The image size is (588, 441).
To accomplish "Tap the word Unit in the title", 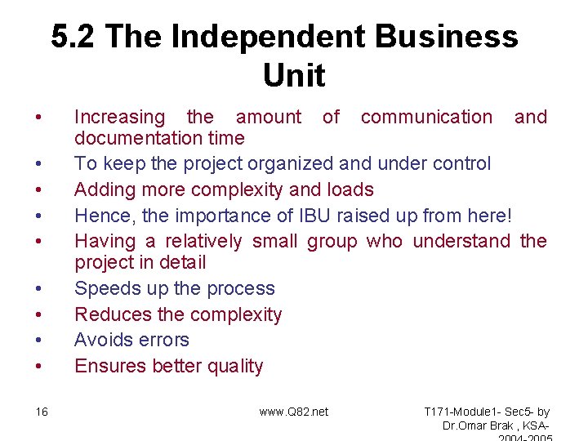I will pyautogui.click(x=294, y=76).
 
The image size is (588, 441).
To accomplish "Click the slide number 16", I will pyautogui.click(x=42, y=412).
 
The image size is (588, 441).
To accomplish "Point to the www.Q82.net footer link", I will pyautogui.click(x=294, y=412).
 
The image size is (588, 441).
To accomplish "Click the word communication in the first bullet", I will pyautogui.click(x=426, y=118).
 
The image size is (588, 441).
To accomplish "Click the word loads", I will pyautogui.click(x=350, y=190).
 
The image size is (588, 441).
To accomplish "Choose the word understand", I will pyautogui.click(x=461, y=242).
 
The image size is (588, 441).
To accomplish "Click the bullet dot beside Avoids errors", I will pyautogui.click(x=40, y=341).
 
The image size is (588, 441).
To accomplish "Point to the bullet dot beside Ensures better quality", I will pyautogui.click(x=40, y=367).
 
